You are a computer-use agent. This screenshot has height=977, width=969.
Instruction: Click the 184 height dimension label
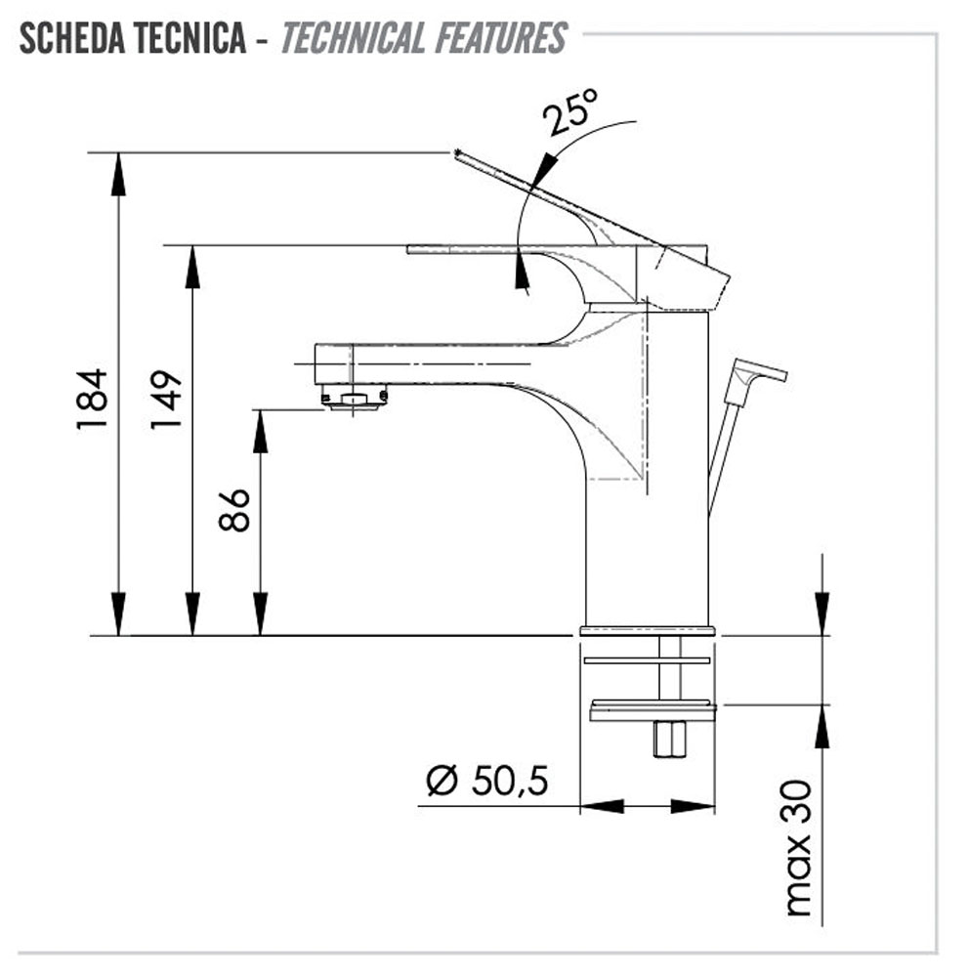click(92, 399)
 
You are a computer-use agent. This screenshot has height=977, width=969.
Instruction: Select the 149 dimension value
click(166, 399)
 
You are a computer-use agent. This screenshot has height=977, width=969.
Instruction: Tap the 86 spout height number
click(234, 510)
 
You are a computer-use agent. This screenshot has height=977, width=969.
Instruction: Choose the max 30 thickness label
click(798, 847)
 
